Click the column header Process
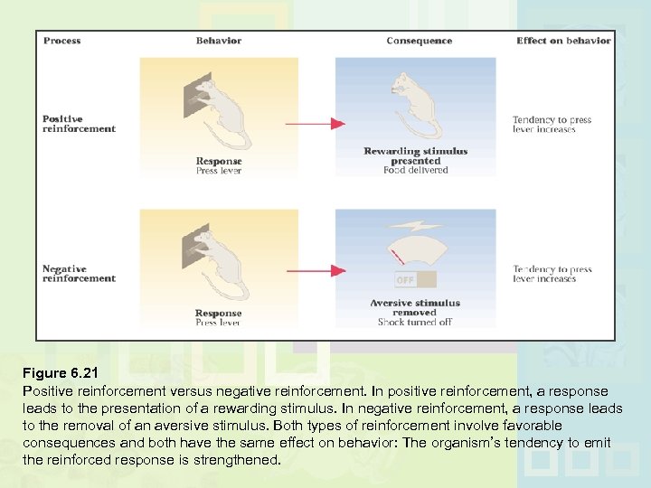(x=61, y=41)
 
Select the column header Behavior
(x=218, y=41)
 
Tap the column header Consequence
(x=419, y=41)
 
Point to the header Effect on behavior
(x=563, y=41)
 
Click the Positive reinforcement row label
(x=79, y=124)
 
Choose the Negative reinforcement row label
(x=79, y=273)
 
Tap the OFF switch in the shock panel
(x=406, y=280)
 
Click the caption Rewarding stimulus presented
(x=415, y=155)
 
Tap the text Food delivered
(x=415, y=170)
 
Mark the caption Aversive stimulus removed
(x=415, y=307)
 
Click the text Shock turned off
(x=415, y=322)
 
